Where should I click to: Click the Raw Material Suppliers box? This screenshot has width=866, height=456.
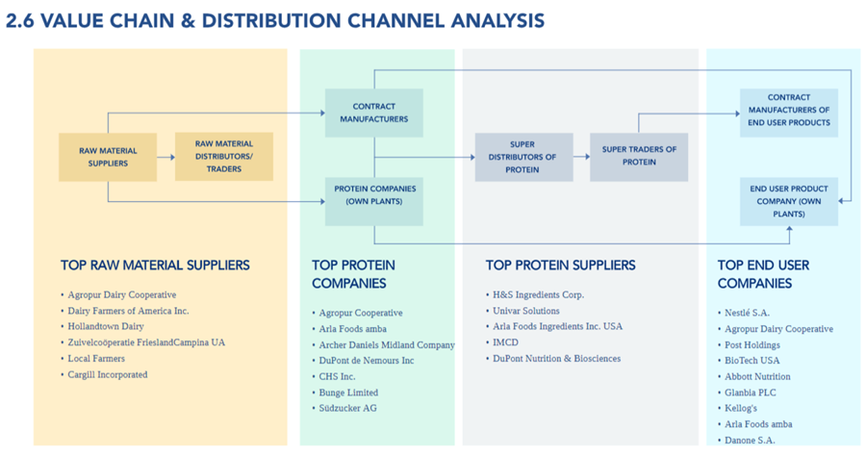[x=108, y=157]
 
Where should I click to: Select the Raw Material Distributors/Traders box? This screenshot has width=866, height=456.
[x=223, y=157]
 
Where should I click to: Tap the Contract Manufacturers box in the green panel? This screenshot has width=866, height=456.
[x=373, y=113]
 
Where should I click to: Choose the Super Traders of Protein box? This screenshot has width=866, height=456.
[x=639, y=156]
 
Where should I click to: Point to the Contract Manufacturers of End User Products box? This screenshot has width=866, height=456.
[x=788, y=110]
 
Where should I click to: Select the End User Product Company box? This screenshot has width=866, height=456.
[x=788, y=201]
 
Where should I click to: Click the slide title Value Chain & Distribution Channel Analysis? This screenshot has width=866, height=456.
[x=274, y=20]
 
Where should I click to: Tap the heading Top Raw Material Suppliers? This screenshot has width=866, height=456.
[x=155, y=265]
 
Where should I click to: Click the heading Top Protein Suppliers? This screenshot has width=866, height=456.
[x=560, y=265]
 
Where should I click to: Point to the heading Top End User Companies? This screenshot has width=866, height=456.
[x=763, y=273]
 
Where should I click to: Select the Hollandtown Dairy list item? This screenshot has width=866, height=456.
[x=105, y=327]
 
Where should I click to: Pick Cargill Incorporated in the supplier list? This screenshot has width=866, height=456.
[x=107, y=374]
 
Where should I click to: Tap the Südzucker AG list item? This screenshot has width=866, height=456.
[x=347, y=408]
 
